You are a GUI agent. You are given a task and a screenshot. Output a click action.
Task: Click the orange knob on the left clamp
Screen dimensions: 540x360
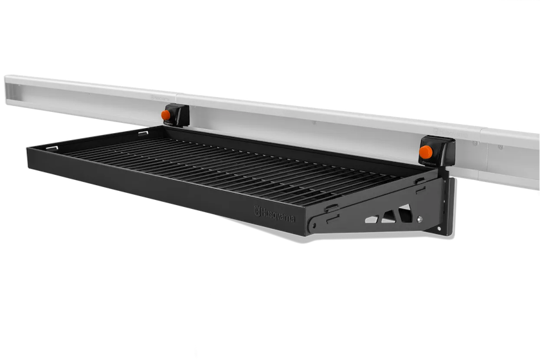[166, 115]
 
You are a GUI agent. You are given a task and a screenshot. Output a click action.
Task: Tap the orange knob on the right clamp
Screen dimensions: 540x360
[426, 152]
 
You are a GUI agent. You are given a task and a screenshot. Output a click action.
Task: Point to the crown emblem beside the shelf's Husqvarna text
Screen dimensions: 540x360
[257, 211]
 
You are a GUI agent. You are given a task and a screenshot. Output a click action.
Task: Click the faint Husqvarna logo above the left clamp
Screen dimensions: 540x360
[161, 98]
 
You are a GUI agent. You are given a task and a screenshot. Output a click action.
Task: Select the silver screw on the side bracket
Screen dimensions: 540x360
[420, 219]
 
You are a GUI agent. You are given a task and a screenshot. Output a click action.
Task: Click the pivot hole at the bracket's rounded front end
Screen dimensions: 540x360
[314, 226]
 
